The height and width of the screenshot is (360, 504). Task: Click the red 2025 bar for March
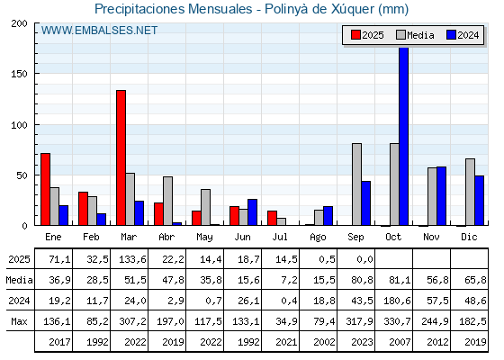(121, 157)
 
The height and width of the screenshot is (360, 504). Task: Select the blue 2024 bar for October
(404, 136)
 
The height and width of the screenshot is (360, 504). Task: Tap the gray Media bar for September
(356, 184)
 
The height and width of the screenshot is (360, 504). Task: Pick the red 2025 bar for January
(46, 189)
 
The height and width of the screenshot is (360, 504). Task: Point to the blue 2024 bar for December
(479, 201)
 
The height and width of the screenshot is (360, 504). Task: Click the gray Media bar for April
(167, 201)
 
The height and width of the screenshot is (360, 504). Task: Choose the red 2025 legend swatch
(355, 35)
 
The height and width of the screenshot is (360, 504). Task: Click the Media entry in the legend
(415, 35)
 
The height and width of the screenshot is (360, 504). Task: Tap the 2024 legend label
(468, 35)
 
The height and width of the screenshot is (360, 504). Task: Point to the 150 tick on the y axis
(19, 74)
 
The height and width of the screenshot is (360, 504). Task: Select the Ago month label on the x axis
(318, 238)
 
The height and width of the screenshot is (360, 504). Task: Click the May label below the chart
(205, 238)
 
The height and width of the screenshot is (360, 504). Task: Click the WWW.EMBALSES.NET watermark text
(99, 31)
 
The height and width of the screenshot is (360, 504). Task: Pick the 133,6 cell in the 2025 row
(132, 259)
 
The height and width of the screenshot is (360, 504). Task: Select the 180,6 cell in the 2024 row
(397, 301)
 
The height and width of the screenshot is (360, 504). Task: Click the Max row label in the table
(19, 321)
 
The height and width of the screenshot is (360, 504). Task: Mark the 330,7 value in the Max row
(397, 321)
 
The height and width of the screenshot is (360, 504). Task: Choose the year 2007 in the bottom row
(400, 342)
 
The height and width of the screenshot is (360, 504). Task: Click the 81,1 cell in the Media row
(400, 280)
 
